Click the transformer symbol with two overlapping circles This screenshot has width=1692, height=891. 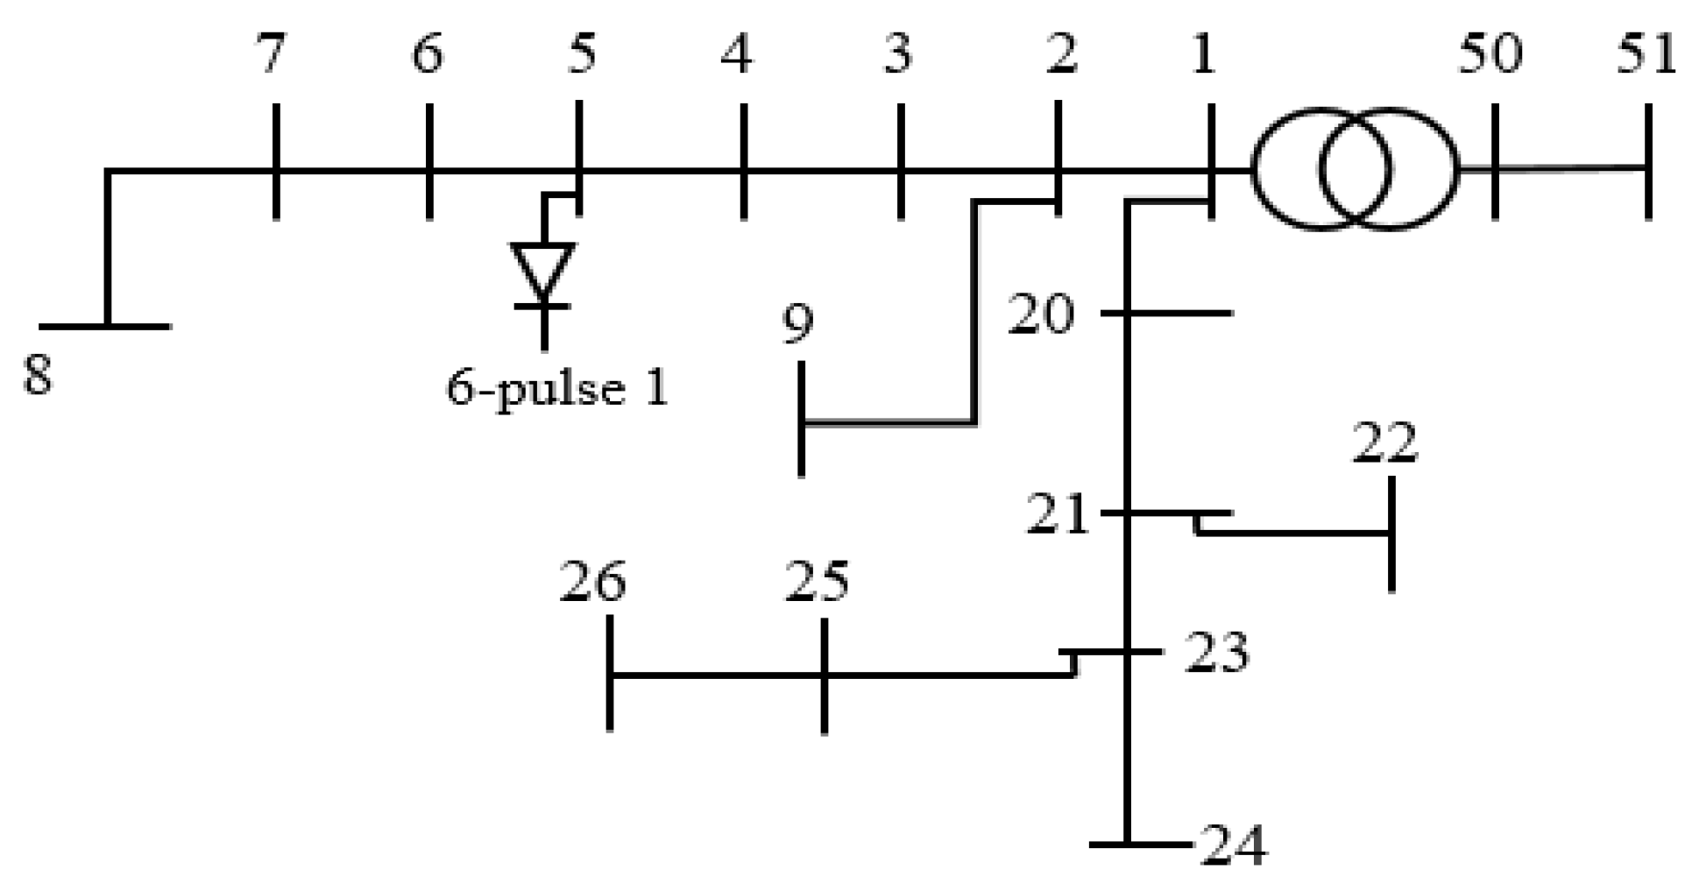click(x=1356, y=169)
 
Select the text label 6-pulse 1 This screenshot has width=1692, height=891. click(x=557, y=388)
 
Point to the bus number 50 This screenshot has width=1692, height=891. click(x=1490, y=54)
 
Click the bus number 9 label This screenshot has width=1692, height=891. click(x=797, y=324)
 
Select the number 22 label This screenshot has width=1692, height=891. click(x=1385, y=443)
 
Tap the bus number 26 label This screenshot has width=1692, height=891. click(x=593, y=583)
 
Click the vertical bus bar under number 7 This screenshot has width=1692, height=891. click(x=276, y=161)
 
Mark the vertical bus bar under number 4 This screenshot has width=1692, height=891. click(x=743, y=161)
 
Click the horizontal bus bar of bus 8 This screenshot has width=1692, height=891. click(x=105, y=326)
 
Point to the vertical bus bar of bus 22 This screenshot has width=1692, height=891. click(x=1391, y=534)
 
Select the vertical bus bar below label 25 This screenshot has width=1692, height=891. click(x=824, y=675)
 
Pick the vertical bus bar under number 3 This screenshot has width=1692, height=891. click(x=900, y=161)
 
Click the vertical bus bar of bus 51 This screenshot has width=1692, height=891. click(x=1649, y=161)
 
